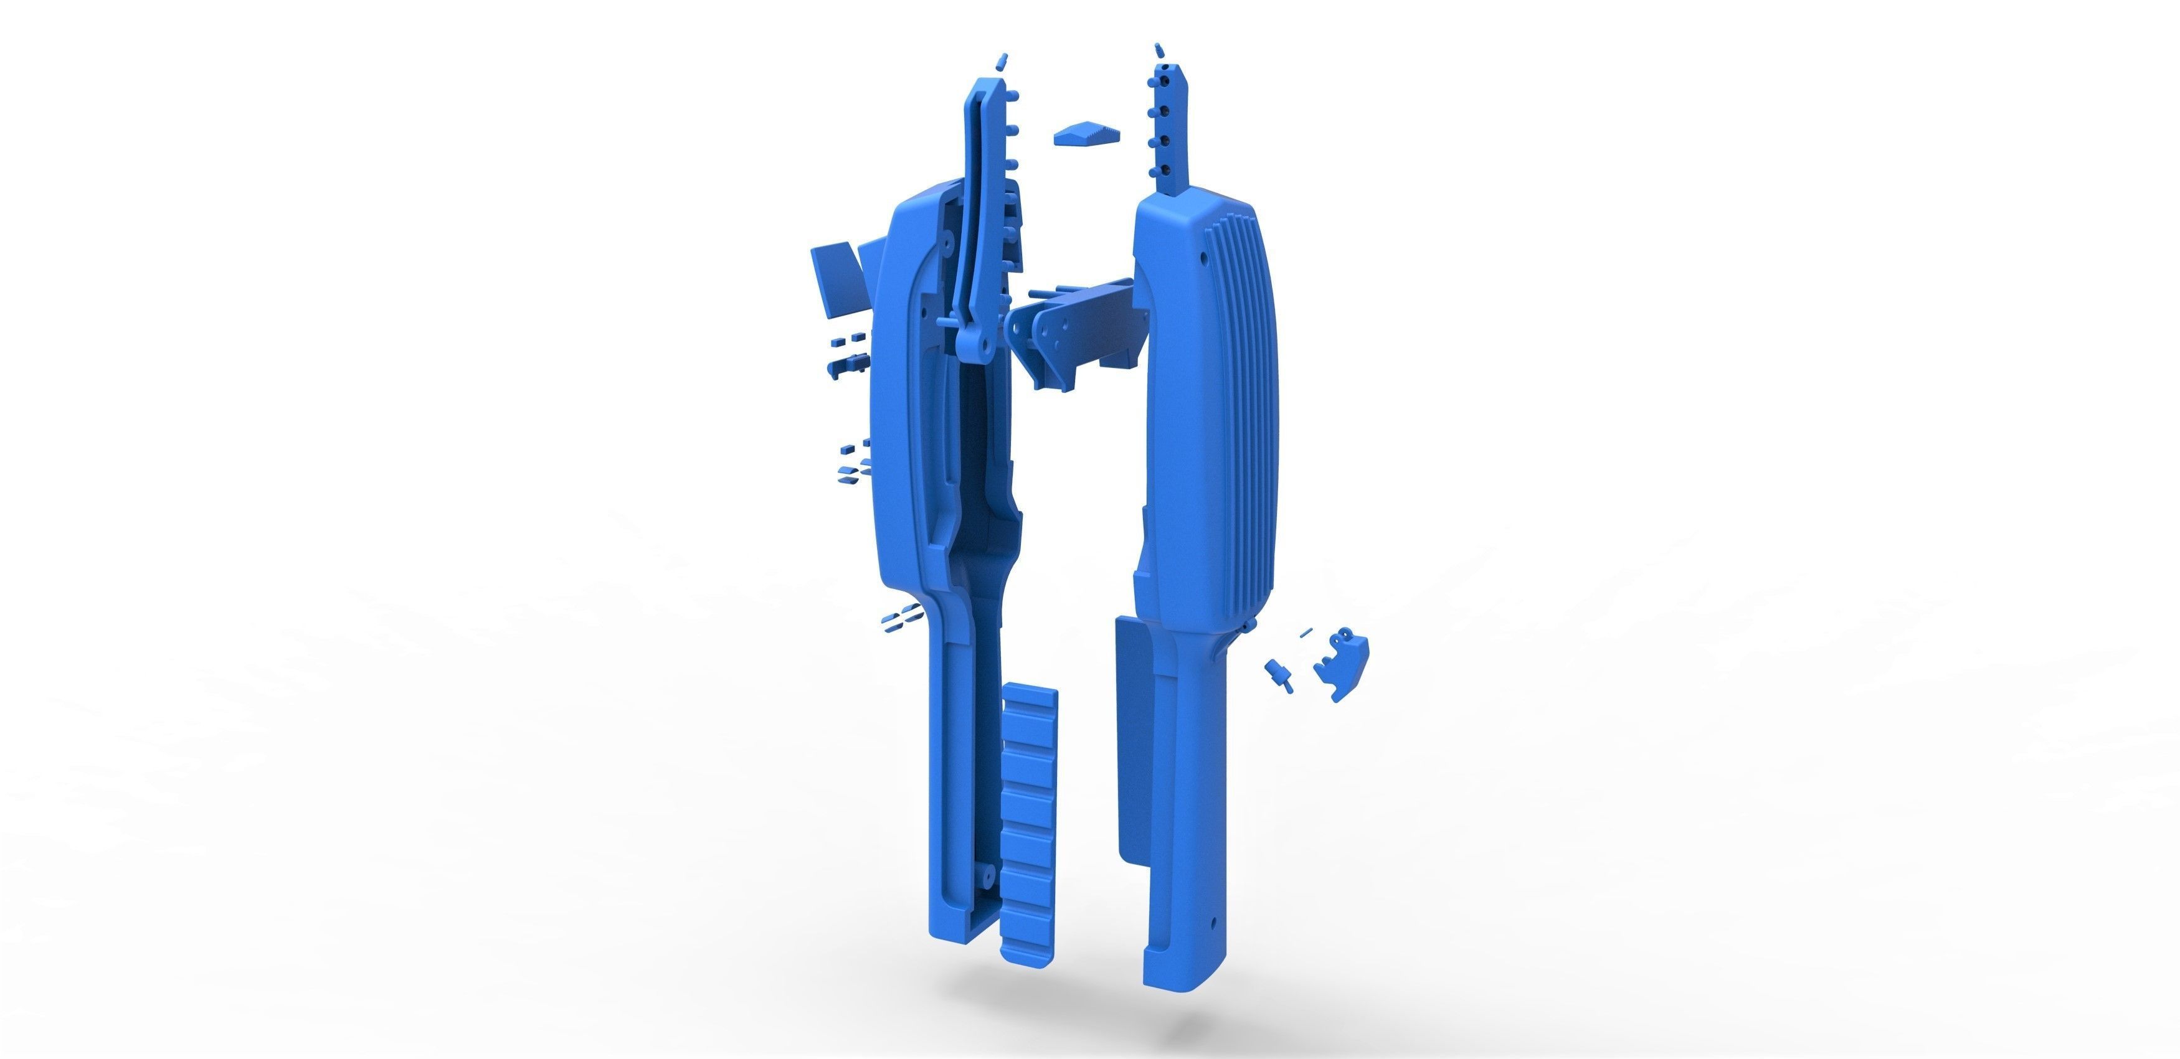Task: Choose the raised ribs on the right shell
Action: coord(1244,355)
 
